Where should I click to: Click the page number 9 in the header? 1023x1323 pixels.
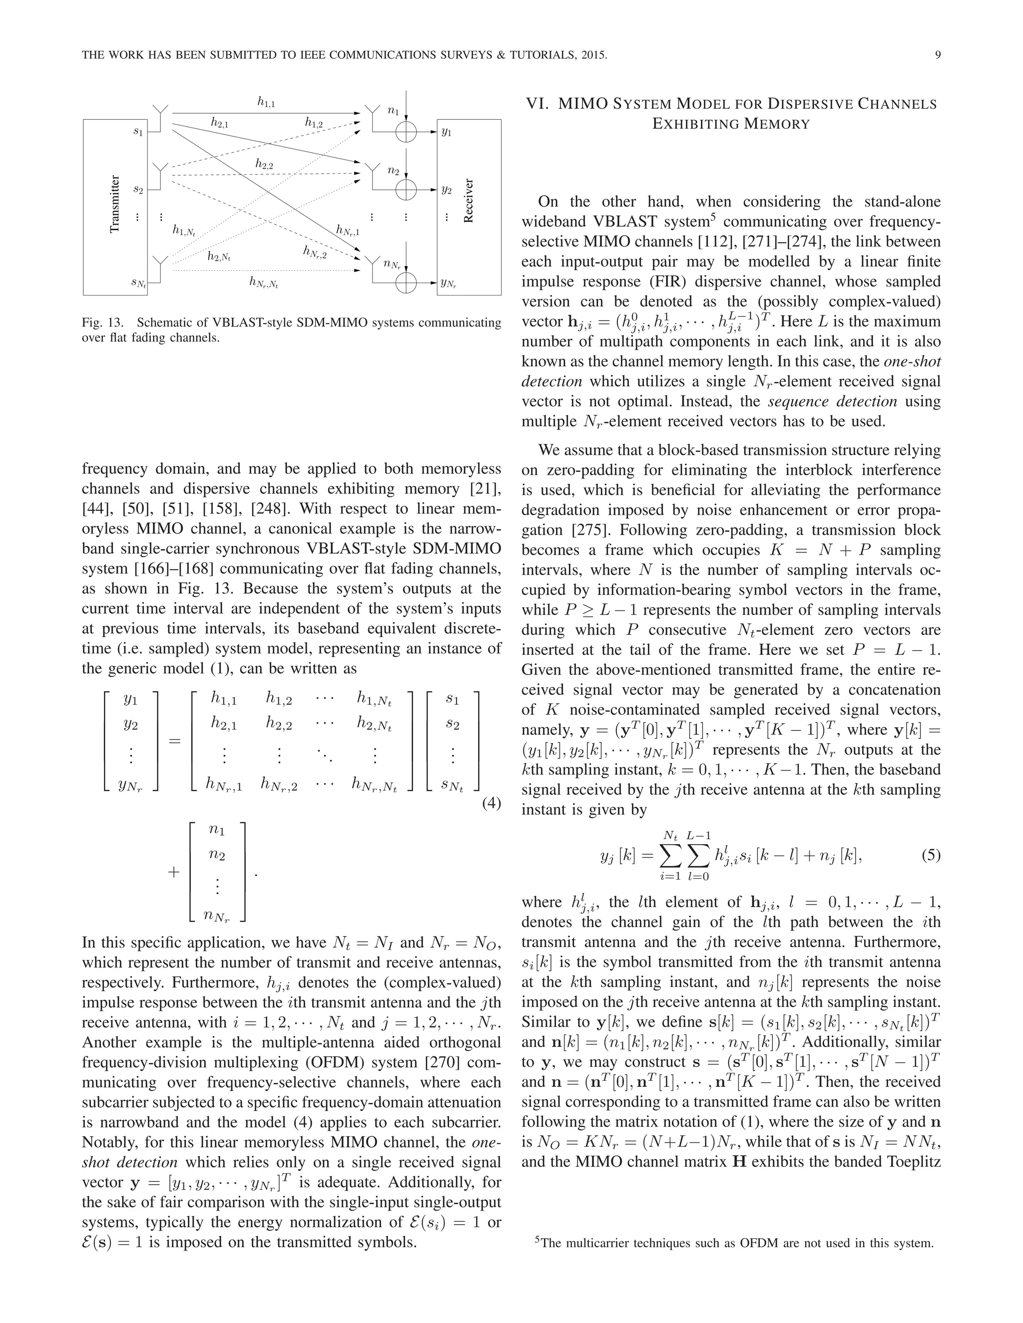(x=938, y=56)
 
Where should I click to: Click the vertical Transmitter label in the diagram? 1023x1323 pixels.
(x=115, y=204)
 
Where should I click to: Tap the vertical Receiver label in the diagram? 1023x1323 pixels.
(x=468, y=201)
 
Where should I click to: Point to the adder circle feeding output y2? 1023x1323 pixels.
(x=406, y=190)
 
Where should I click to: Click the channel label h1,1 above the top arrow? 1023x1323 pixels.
(x=267, y=103)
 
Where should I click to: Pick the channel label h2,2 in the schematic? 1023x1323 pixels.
(x=264, y=164)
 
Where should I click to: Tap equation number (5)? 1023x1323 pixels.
(x=930, y=855)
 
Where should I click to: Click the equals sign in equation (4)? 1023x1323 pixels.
(x=174, y=741)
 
